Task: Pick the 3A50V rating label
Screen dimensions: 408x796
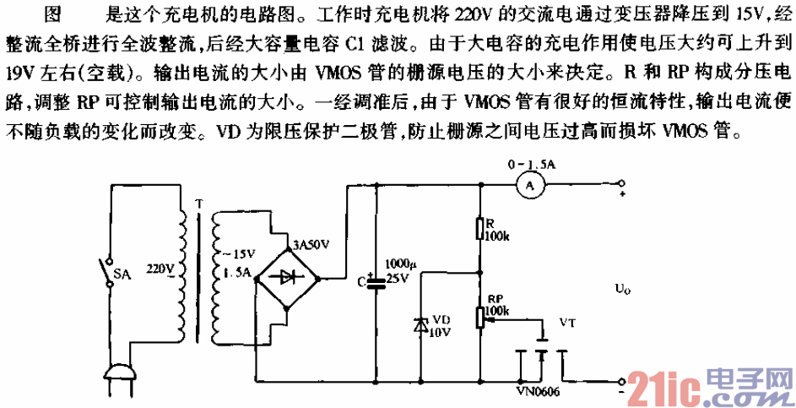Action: click(311, 246)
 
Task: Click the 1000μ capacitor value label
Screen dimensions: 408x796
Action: click(397, 264)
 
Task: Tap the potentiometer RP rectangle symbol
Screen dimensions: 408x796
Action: click(479, 317)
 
